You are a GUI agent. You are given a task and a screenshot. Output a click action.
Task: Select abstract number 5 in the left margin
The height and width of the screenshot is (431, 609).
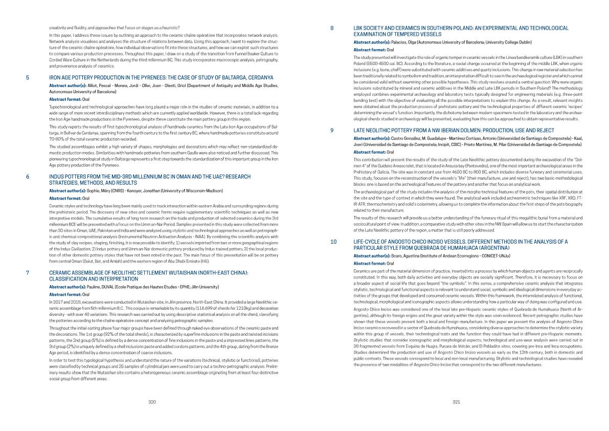pos(27,78)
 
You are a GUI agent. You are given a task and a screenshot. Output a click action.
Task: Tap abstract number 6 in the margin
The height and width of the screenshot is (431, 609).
pos(27,177)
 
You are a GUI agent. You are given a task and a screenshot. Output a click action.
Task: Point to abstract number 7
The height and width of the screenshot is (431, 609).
pos(27,273)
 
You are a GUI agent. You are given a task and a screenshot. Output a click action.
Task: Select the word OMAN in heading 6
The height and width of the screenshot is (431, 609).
pos(196,177)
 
